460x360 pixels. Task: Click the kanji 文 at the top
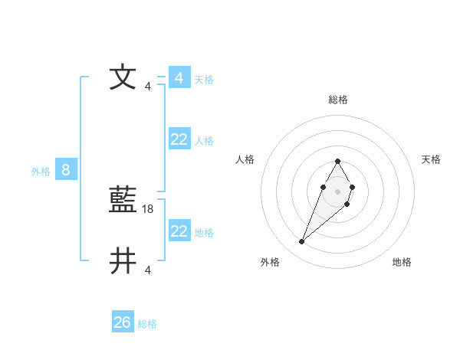(x=123, y=77)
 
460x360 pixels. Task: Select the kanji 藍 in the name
(x=123, y=201)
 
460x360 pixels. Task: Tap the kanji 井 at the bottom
(x=123, y=260)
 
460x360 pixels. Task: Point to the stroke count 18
(x=149, y=208)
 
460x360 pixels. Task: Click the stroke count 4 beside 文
(x=148, y=86)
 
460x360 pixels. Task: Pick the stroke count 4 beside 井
(x=148, y=270)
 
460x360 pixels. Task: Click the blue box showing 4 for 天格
(x=179, y=77)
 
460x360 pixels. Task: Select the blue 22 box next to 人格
(x=179, y=139)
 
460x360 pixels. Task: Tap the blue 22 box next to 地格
(x=179, y=231)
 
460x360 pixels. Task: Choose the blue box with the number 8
(x=66, y=170)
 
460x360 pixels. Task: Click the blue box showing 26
(x=123, y=322)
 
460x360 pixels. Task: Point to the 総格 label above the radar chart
(x=338, y=100)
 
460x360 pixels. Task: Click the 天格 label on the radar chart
(x=431, y=159)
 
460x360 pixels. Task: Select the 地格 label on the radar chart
(x=402, y=263)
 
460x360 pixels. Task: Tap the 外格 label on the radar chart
(x=270, y=263)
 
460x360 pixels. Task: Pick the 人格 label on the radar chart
(x=245, y=159)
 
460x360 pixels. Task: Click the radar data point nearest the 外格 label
(x=302, y=242)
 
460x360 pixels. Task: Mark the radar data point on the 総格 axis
(x=337, y=162)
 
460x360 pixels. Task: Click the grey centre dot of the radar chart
(x=337, y=190)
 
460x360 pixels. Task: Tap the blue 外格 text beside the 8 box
(x=41, y=172)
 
